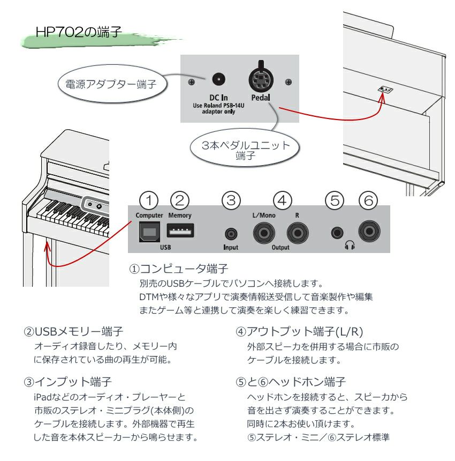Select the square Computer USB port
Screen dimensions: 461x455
149,231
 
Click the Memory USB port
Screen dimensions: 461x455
180,231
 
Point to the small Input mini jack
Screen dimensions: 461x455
231,234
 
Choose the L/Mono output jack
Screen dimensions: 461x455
263,233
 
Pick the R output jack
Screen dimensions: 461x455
297,233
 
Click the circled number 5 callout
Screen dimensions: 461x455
335,200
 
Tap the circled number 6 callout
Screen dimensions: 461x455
368,200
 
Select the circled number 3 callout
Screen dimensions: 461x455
231,200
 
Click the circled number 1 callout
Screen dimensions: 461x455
149,200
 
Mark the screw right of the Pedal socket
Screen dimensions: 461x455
289,82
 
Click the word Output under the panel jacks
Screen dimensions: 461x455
280,248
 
